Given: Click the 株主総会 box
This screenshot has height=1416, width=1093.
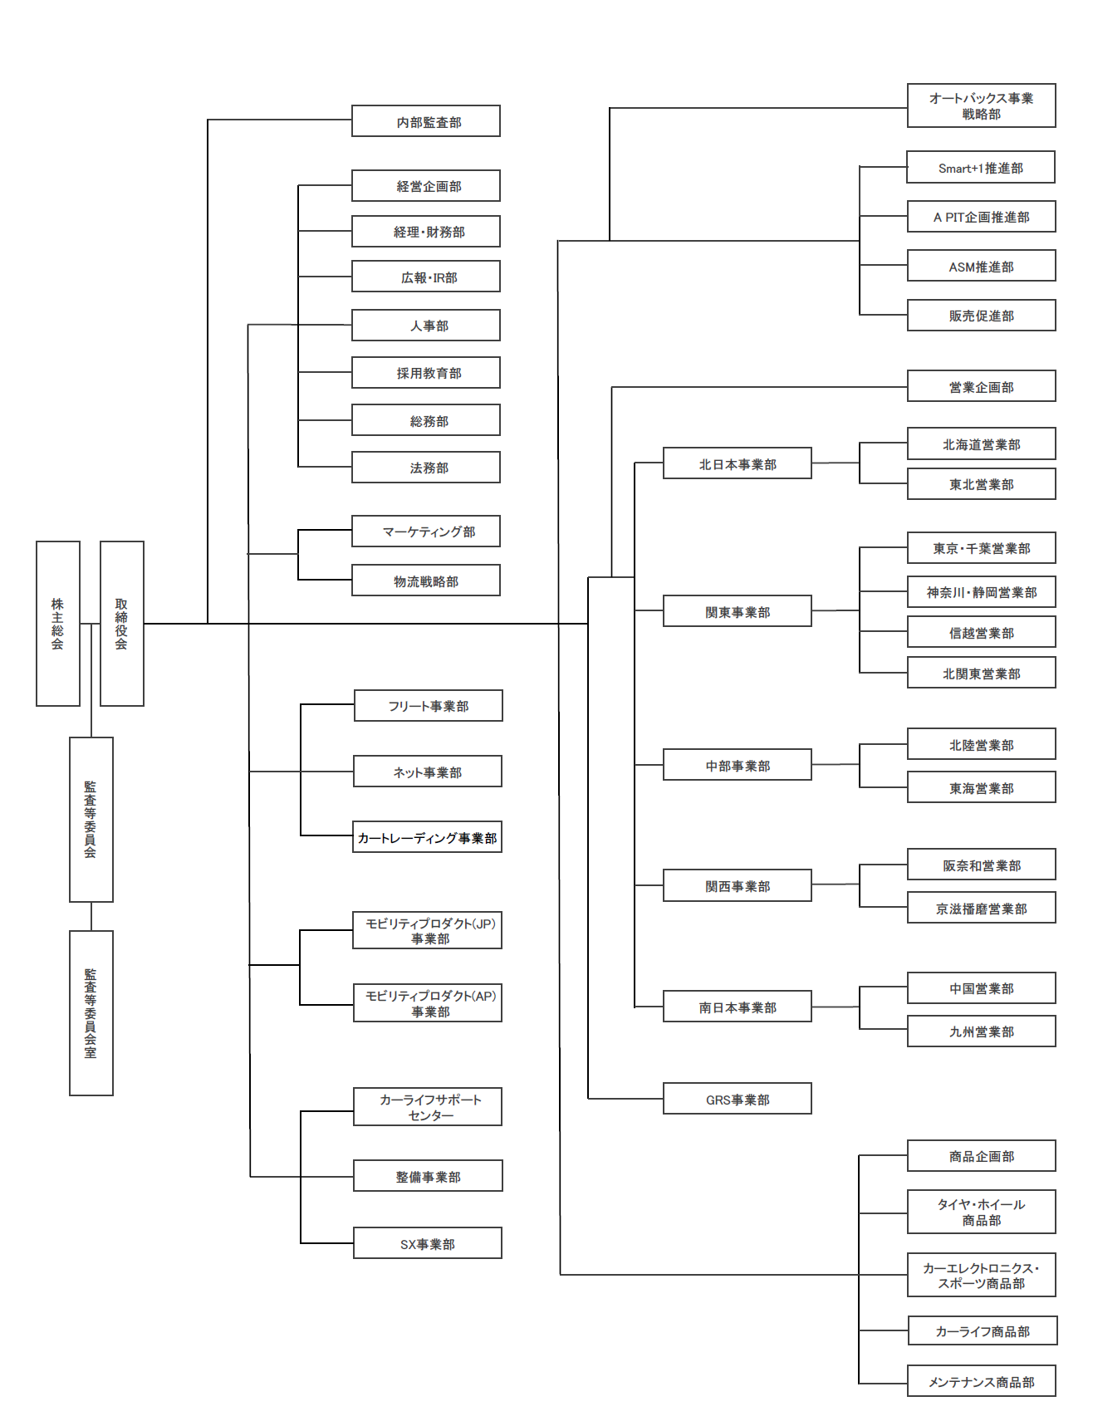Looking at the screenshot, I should [58, 624].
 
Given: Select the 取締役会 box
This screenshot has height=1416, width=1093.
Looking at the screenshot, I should [122, 624].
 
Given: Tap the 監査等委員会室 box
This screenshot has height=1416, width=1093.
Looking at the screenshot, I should [91, 1013].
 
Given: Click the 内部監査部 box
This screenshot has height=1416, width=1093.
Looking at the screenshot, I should [426, 121].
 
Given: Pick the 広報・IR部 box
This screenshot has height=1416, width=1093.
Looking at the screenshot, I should [426, 277].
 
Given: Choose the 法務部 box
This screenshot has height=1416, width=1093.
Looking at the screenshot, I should [426, 468].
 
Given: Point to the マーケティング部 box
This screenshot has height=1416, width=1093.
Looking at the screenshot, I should [426, 532].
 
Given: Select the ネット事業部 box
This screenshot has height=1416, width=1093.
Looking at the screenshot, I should [428, 772].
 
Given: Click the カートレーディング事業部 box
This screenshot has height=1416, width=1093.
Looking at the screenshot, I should [428, 837].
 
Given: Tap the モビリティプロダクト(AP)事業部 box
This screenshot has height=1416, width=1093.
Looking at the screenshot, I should [428, 1003].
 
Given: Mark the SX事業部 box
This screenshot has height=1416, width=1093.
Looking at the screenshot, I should [428, 1243].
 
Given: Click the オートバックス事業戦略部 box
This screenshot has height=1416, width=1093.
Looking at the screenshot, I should [981, 105].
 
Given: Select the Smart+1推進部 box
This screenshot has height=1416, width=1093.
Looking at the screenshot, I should [981, 167].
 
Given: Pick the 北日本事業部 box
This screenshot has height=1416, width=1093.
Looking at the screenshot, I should [738, 463].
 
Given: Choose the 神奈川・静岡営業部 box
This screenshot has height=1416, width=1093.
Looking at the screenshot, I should [981, 592].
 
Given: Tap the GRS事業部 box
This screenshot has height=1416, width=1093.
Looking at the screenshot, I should [738, 1099].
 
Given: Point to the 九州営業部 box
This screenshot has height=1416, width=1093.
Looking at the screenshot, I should [981, 1031].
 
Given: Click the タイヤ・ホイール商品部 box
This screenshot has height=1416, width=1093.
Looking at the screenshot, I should [981, 1212].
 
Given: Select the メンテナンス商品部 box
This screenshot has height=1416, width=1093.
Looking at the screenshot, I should [981, 1381].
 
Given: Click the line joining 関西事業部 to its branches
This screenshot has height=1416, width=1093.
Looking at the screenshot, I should [836, 884].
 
